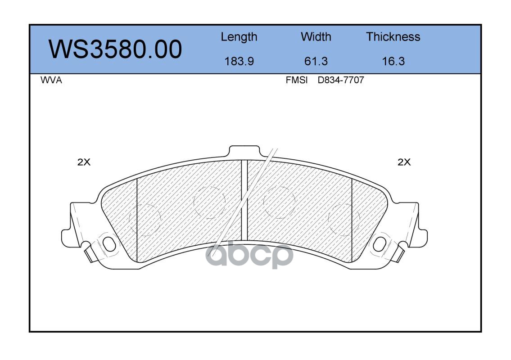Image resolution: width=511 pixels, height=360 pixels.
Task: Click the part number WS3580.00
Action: click(x=115, y=49)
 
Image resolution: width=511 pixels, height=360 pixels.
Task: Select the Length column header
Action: click(x=239, y=37)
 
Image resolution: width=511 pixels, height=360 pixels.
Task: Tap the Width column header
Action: click(x=316, y=37)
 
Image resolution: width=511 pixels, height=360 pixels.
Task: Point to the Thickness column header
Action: click(x=393, y=37)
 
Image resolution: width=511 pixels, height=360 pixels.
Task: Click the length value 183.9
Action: click(x=239, y=61)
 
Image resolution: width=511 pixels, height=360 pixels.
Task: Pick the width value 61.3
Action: click(x=316, y=61)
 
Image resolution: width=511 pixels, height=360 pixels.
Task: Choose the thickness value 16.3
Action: click(x=393, y=61)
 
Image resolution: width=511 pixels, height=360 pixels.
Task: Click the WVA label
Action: click(x=51, y=80)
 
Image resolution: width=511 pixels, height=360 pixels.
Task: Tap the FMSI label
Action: click(x=297, y=80)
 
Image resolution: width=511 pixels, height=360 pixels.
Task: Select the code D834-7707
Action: click(x=340, y=80)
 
